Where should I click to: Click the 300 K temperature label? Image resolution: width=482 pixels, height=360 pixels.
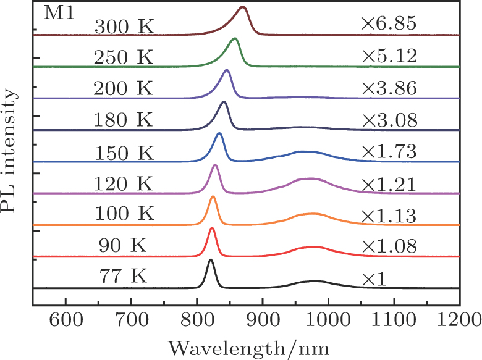(x=124, y=27)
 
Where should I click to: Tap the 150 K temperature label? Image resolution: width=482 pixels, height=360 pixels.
(x=124, y=151)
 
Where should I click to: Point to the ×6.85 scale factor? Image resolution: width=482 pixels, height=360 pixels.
(x=389, y=25)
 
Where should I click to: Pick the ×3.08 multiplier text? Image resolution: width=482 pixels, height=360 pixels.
(x=389, y=119)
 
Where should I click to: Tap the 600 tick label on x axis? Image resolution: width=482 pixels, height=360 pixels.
(x=66, y=321)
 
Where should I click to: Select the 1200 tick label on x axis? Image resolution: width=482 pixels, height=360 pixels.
(x=459, y=321)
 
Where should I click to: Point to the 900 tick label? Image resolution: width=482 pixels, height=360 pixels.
(x=262, y=321)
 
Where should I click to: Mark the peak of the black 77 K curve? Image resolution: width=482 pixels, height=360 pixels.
(x=211, y=260)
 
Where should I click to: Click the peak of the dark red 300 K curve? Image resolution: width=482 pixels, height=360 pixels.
(x=243, y=7)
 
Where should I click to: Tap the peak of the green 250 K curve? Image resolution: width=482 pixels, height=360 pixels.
(x=234, y=38)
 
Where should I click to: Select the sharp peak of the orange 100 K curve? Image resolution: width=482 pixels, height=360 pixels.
(x=213, y=196)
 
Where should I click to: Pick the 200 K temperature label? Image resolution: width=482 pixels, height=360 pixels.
(x=124, y=88)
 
